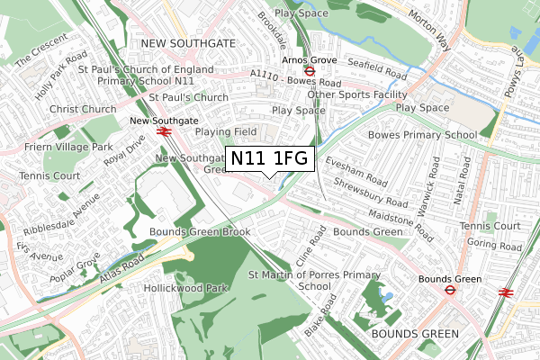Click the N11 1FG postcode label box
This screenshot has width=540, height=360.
tap(269, 159)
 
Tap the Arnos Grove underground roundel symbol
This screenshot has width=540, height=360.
tap(309, 70)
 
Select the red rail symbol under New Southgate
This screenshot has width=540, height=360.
tap(164, 131)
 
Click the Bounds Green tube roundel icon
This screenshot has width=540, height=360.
tap(447, 291)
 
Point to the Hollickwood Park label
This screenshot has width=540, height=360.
tap(184, 289)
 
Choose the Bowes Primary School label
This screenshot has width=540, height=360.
tap(422, 135)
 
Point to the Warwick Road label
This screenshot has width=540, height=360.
tap(437, 179)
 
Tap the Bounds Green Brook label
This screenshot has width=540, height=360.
tap(199, 232)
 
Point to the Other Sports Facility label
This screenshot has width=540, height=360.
tap(356, 94)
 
